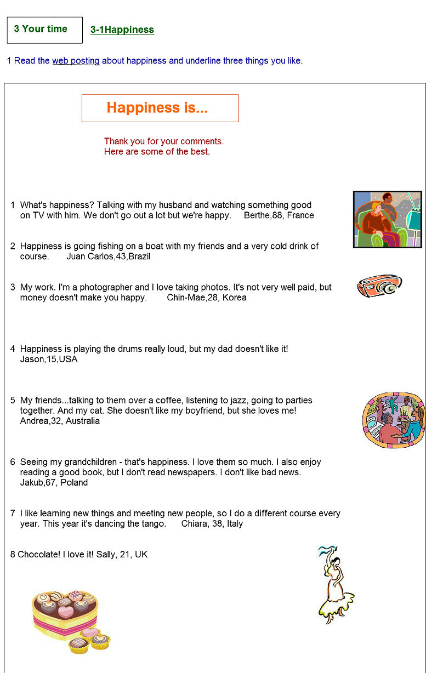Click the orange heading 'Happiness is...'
tap(157, 108)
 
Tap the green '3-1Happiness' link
tap(122, 30)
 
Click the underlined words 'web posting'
tap(76, 61)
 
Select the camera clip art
tap(379, 286)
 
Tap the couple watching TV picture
tap(387, 219)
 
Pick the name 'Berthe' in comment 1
tap(257, 215)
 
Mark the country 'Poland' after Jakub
tap(73, 483)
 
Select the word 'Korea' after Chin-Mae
tap(234, 298)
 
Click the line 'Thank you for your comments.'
tap(164, 141)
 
